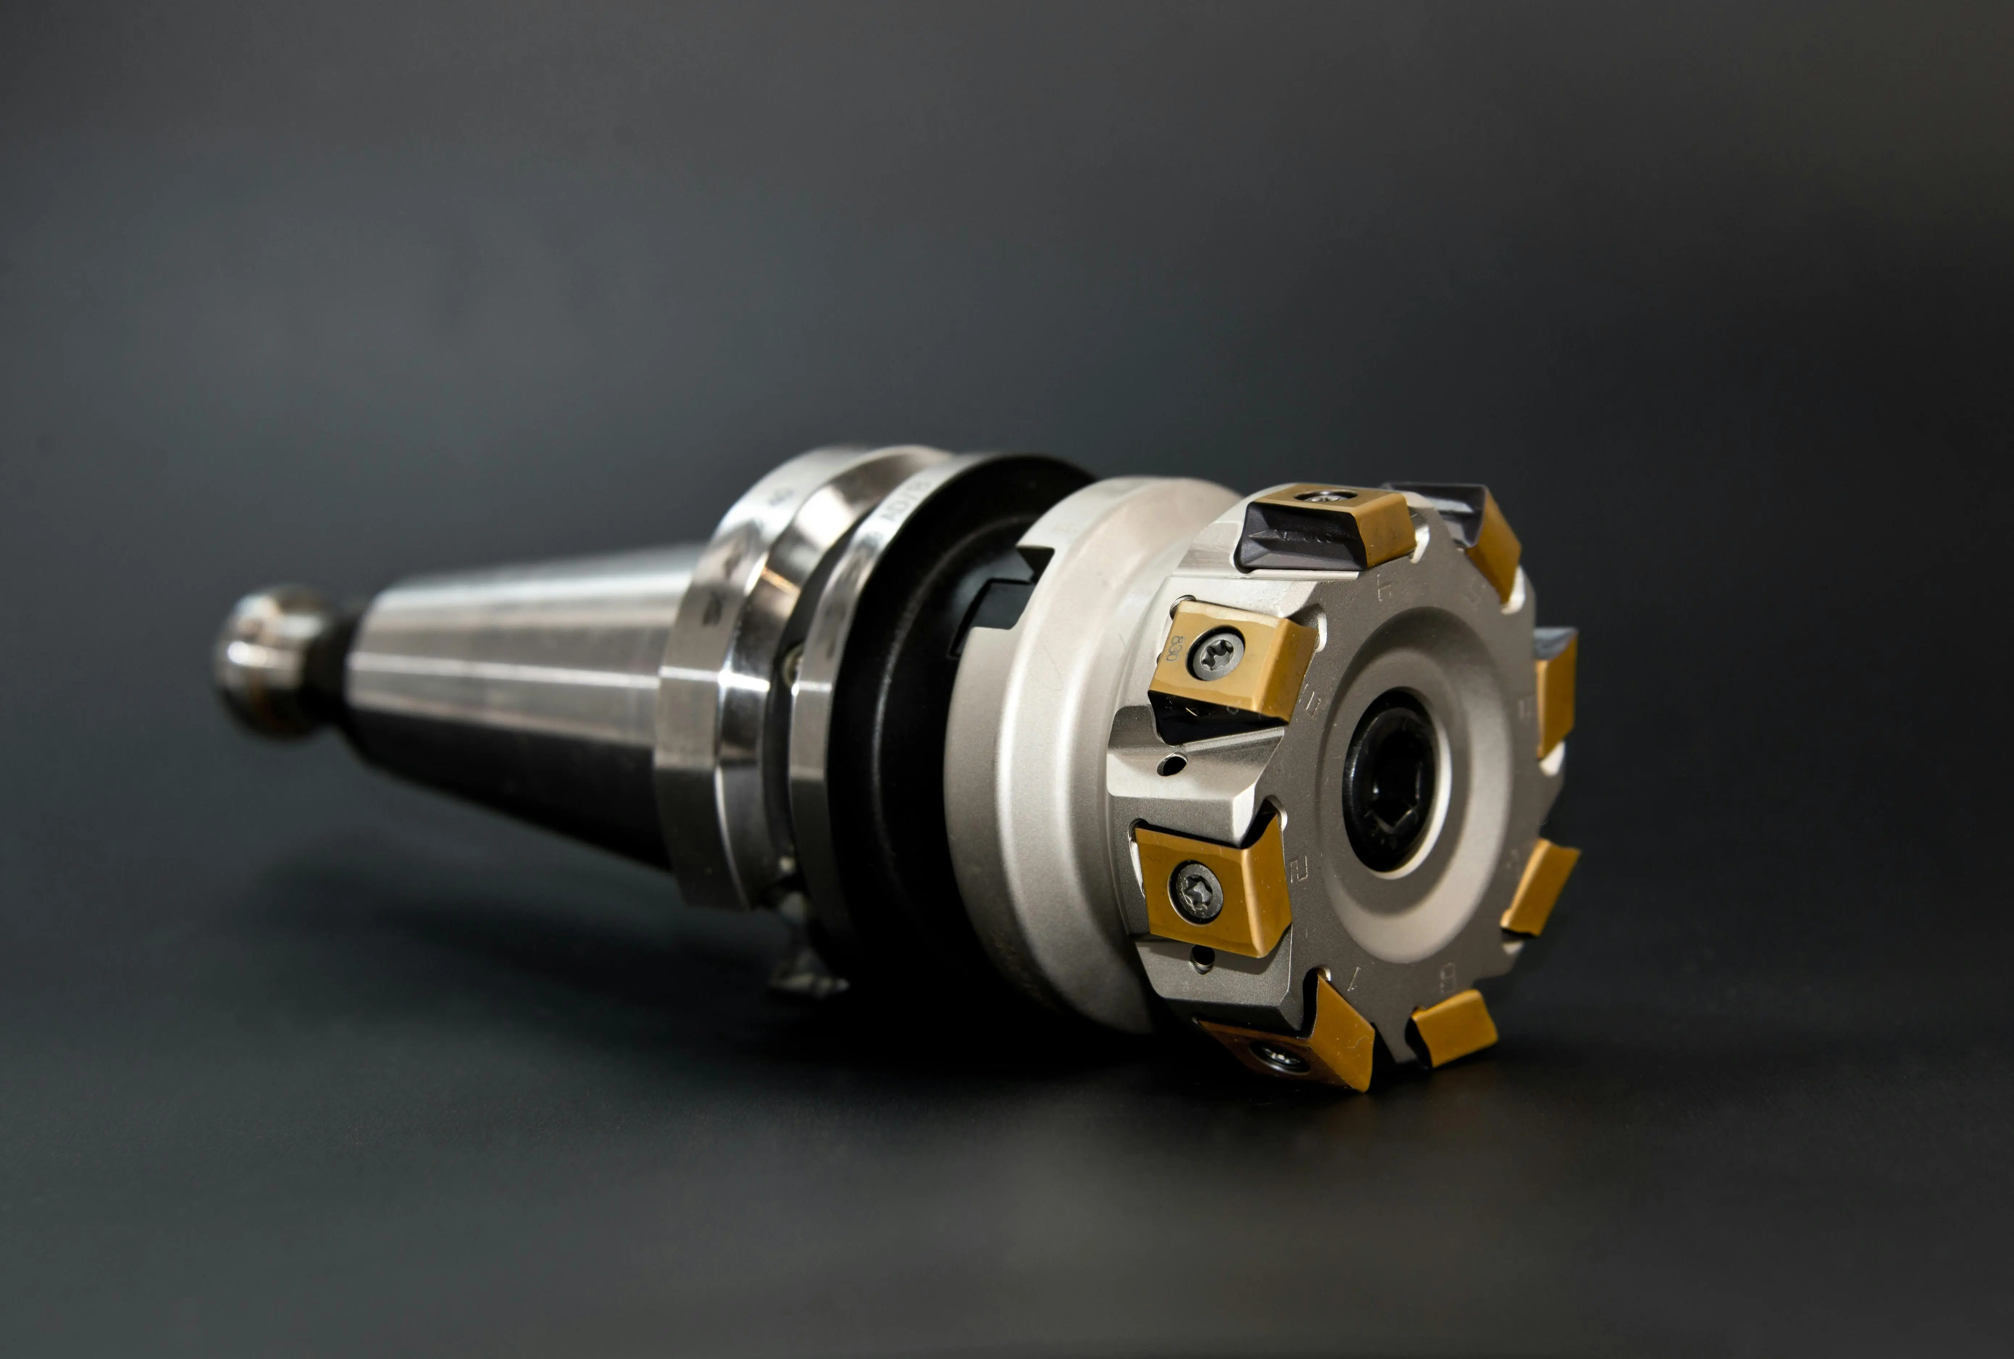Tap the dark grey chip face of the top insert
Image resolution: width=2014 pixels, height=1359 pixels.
pos(1300,539)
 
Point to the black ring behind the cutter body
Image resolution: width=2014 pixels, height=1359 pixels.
pos(901,737)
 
